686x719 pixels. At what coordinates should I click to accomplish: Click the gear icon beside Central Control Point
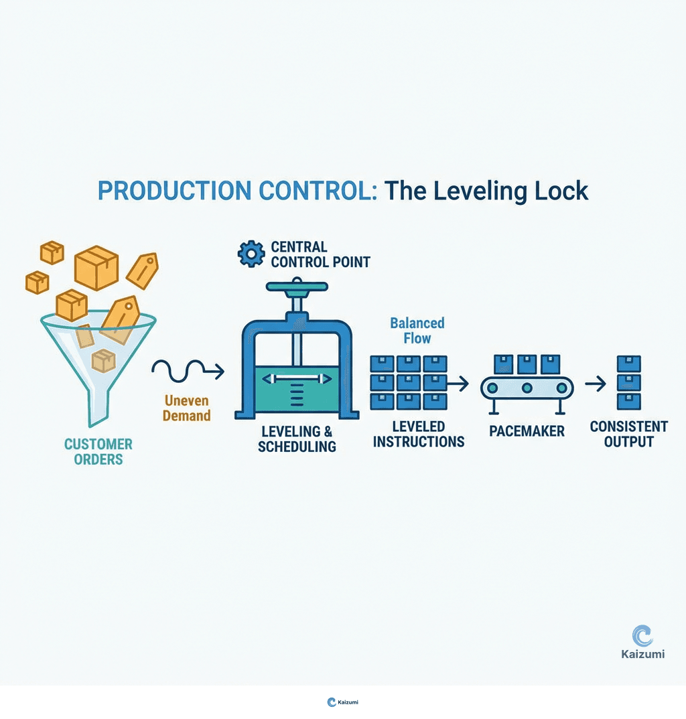coord(251,254)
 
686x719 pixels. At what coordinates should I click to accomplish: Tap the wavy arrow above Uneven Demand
coord(188,370)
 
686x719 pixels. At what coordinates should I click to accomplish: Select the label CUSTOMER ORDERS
coord(98,452)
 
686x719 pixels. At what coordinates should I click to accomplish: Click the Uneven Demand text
coord(188,408)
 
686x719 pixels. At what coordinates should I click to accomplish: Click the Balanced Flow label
coord(417,331)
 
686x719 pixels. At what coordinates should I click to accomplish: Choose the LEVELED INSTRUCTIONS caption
coord(419,434)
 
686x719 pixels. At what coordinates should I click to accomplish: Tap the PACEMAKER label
coord(527,431)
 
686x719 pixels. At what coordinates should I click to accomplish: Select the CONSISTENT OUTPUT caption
coord(628,434)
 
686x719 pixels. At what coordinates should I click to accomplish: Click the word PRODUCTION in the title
coord(170,191)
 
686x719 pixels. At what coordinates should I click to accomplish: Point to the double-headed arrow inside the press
coord(297,379)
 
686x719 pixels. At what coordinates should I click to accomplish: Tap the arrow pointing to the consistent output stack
coord(595,384)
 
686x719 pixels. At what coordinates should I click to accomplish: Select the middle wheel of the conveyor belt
coord(527,388)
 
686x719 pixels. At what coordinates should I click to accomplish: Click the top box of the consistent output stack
coord(628,364)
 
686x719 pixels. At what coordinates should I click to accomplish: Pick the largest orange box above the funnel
coord(96,267)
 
